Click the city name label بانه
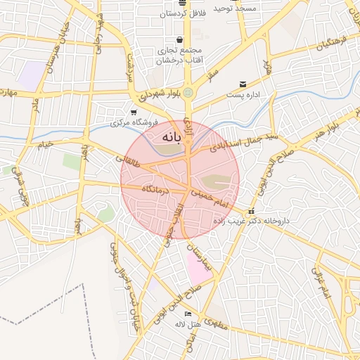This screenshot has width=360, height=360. (x=172, y=136)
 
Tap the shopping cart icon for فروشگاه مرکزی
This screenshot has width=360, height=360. (x=134, y=112)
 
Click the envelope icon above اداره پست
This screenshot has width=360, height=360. (x=243, y=84)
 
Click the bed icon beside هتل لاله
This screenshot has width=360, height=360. (x=187, y=314)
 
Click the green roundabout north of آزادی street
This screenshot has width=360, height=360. (x=188, y=91)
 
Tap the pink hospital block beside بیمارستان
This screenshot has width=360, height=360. (x=198, y=268)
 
